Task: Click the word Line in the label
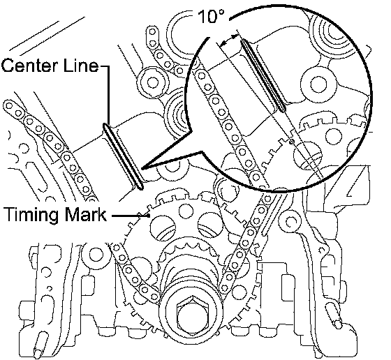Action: pos(82,66)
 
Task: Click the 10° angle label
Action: pos(211,17)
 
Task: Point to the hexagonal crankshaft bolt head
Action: pos(191,317)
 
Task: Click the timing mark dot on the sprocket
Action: pos(149,216)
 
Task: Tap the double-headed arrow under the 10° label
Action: pos(229,40)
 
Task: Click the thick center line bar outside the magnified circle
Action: pos(123,156)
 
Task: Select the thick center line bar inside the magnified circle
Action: pos(263,75)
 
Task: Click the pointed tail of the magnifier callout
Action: pos(142,169)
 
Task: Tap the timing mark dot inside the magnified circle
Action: pos(293,142)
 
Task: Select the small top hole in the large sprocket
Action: pos(186,211)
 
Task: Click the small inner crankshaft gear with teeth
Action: pos(190,259)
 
